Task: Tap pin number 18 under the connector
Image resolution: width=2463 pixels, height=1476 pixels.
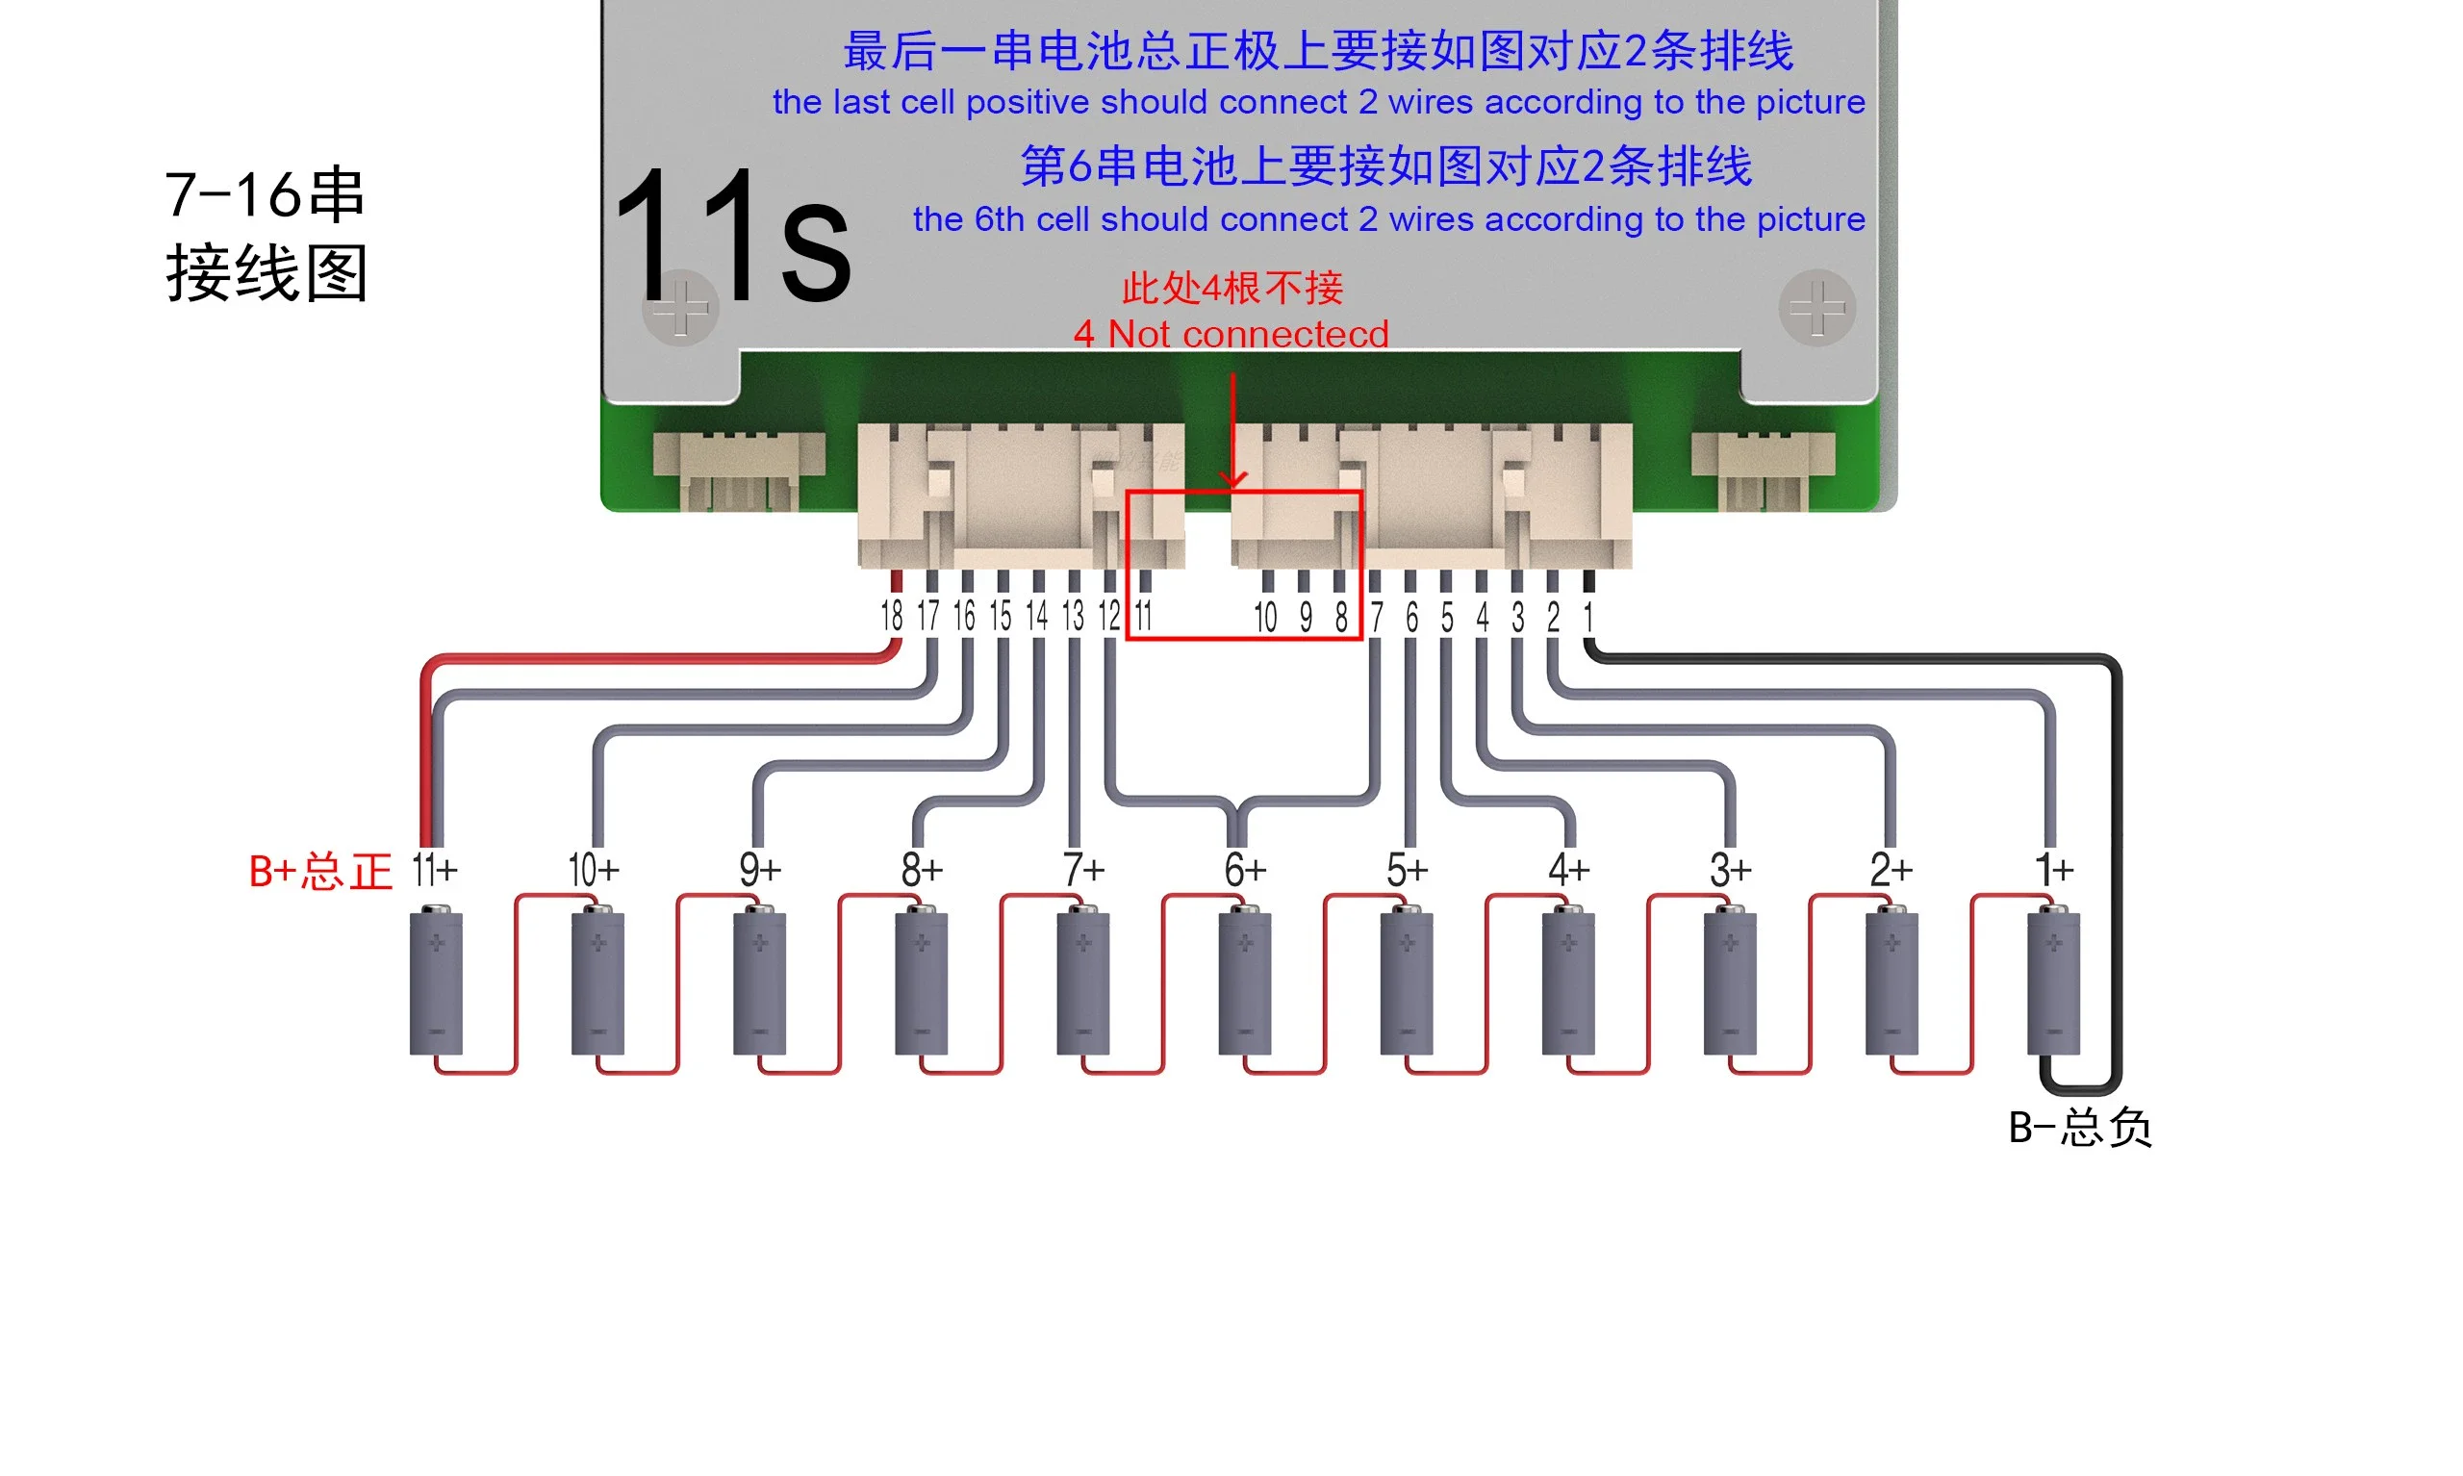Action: tap(891, 616)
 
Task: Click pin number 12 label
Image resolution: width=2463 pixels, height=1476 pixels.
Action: tap(1108, 616)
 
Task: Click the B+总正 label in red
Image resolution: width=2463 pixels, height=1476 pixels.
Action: tap(320, 873)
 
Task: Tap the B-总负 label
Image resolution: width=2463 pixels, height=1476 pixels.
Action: tap(2079, 1128)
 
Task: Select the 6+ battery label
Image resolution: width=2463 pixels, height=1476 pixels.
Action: tap(1244, 870)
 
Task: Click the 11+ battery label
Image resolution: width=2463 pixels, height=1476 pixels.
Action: tap(435, 870)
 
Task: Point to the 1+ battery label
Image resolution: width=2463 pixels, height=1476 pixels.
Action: tap(2053, 870)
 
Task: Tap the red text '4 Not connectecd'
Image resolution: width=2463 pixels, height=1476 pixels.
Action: tap(1230, 334)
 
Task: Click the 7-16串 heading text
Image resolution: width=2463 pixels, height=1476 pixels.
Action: tap(265, 194)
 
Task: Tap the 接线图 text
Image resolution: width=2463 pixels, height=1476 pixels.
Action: tap(267, 273)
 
